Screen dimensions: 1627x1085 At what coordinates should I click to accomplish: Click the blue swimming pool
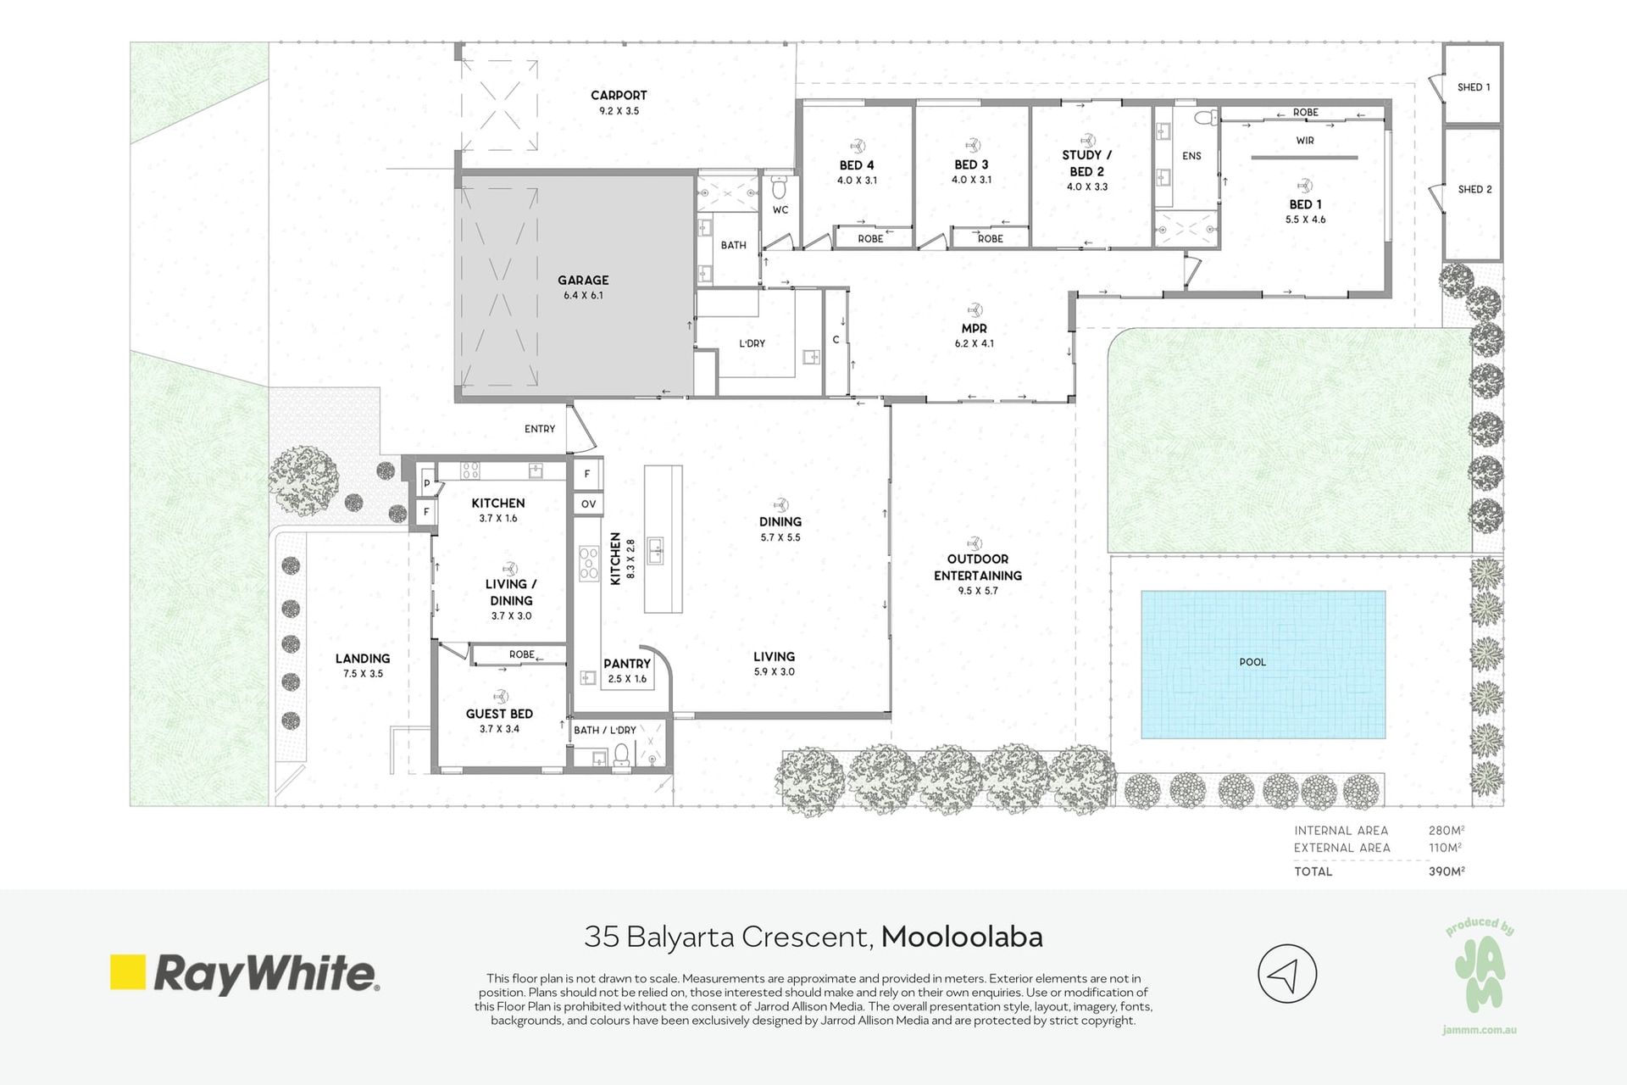coord(1263,665)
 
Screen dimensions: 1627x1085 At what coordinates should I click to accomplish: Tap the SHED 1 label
coord(1474,87)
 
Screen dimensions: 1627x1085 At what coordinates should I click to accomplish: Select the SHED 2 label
coord(1474,189)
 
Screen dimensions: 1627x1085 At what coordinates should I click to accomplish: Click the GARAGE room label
coord(583,280)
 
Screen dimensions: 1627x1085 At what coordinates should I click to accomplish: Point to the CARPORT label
coord(619,95)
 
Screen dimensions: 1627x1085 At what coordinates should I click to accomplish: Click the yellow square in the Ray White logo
coord(128,972)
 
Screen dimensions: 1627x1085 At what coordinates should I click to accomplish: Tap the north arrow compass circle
coord(1287,974)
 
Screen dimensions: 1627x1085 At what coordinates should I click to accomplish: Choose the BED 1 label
coord(1305,204)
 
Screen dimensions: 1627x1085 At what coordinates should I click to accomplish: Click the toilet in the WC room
coord(780,187)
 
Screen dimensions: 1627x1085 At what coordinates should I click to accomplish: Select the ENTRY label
coord(540,429)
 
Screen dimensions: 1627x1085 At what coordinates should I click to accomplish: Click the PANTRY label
coord(627,664)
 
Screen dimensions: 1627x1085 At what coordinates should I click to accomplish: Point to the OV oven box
coord(588,504)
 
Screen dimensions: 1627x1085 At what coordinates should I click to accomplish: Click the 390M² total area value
coord(1447,871)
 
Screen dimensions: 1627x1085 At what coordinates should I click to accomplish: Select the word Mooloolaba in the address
coord(962,937)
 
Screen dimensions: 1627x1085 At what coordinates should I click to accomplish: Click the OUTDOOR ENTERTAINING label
coord(978,567)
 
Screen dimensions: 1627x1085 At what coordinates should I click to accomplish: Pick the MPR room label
coord(974,328)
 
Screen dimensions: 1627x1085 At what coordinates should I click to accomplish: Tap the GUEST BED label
coord(499,714)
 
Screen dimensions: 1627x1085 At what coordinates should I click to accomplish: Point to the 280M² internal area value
coord(1447,831)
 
